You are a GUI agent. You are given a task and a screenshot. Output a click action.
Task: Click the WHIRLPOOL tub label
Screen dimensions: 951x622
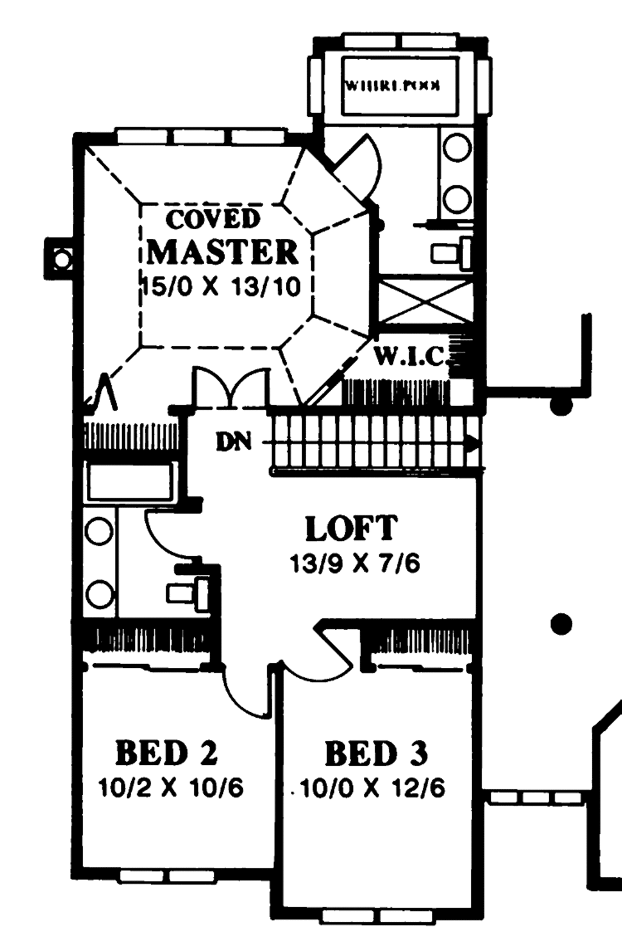392,86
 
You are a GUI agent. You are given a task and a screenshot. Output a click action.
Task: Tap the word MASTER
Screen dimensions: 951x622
222,252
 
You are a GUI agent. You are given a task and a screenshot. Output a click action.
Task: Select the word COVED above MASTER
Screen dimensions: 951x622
213,219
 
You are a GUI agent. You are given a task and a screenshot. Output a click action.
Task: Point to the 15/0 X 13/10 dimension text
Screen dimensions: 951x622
222,286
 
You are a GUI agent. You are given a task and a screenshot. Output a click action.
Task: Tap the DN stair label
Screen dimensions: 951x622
234,442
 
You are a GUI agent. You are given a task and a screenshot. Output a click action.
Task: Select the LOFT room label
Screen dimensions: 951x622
352,529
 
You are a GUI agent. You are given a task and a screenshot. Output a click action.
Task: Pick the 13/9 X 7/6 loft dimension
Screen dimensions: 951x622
355,564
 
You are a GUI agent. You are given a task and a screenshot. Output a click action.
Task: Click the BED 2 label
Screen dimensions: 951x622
166,754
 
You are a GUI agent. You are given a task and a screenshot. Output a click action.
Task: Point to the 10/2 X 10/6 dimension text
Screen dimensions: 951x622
171,788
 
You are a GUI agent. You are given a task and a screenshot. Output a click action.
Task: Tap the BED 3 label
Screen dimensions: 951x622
376,754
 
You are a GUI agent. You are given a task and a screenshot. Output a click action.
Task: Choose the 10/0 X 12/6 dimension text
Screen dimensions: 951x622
372,789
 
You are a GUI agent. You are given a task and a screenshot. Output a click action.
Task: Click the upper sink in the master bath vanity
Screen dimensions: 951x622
457,148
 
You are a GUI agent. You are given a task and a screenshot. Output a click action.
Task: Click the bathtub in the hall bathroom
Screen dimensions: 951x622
130,482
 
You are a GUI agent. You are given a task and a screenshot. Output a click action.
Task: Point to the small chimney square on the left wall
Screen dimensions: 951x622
61,259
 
